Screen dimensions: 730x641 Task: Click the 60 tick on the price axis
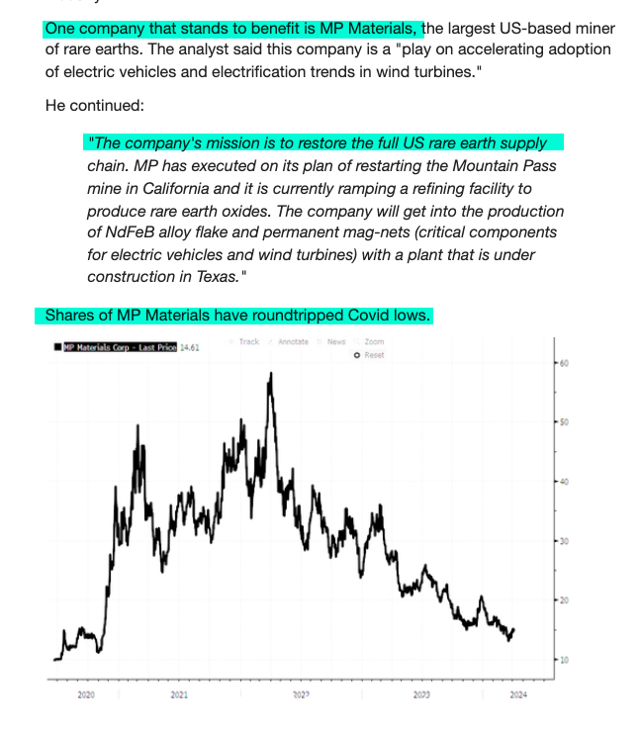click(x=564, y=363)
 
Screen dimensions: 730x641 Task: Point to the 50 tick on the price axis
click(x=564, y=422)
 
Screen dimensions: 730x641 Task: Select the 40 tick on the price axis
click(x=564, y=482)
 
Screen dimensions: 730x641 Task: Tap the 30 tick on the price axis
click(x=564, y=541)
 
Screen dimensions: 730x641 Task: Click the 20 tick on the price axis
click(x=564, y=600)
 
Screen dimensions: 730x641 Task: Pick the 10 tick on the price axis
click(x=564, y=660)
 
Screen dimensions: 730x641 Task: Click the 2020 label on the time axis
click(x=86, y=695)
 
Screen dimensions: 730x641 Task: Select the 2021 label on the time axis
click(x=179, y=695)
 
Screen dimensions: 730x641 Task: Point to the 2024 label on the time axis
click(x=517, y=695)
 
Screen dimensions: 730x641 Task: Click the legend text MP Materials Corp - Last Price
click(x=120, y=347)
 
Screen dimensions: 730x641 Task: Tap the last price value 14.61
click(x=190, y=347)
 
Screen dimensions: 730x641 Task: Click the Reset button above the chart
click(x=373, y=354)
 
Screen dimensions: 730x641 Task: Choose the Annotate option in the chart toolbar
click(x=293, y=341)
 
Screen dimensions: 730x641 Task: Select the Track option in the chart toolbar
click(x=248, y=341)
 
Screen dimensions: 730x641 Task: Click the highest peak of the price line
click(x=270, y=374)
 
